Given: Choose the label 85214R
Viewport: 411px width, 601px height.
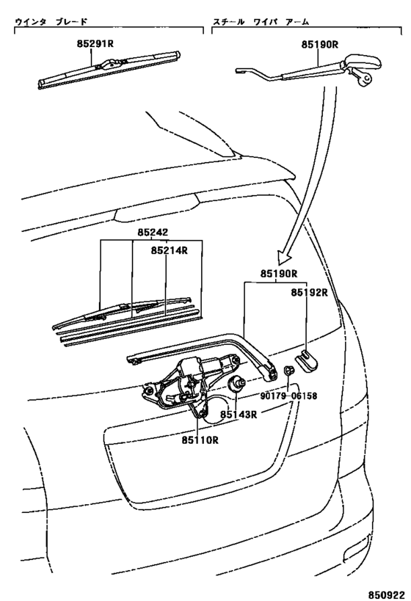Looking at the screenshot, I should [170, 249].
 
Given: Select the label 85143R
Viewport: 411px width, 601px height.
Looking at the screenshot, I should [238, 415].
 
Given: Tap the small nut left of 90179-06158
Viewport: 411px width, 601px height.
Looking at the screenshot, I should [288, 372].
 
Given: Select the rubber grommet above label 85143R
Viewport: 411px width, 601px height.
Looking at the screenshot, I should [239, 385].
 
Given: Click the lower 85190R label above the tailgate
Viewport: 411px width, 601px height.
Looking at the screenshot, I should [277, 274].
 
